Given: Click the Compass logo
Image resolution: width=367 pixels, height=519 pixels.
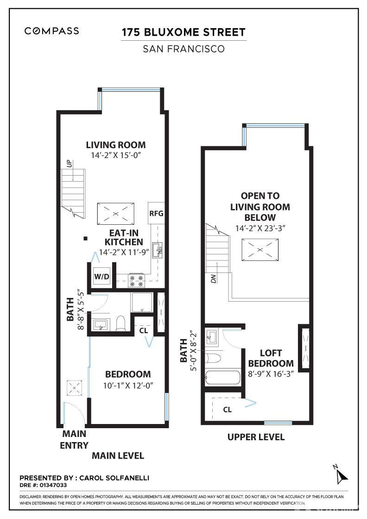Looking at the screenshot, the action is [51, 31].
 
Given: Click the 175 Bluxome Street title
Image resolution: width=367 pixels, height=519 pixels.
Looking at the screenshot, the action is [183, 32].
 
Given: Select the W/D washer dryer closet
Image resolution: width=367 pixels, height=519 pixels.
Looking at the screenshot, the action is [101, 276].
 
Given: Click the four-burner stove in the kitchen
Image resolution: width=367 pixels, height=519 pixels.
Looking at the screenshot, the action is [136, 280].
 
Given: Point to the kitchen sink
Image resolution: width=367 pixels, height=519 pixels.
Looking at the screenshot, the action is [157, 250].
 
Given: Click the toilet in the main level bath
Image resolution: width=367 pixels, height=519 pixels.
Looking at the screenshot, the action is [121, 323].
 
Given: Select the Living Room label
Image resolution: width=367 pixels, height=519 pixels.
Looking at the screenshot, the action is [116, 145].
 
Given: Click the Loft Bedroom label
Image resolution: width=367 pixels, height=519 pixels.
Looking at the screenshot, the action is [271, 358].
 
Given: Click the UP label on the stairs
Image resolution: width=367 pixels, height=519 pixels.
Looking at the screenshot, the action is [69, 164].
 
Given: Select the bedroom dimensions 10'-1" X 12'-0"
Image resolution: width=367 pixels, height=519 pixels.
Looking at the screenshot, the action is [128, 386].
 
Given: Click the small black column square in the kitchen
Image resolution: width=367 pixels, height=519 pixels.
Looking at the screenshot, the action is [85, 238].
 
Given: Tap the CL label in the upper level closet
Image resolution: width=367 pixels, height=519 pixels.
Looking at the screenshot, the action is [228, 410].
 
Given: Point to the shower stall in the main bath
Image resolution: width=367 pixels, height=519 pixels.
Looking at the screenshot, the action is [142, 303].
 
